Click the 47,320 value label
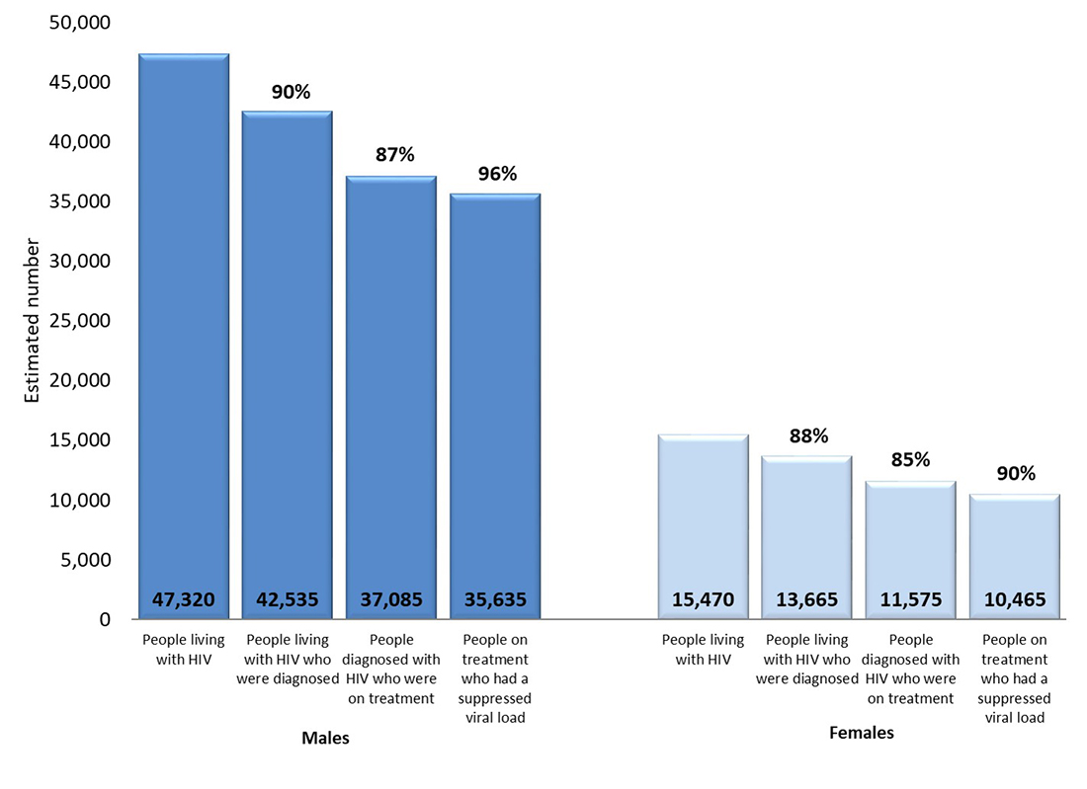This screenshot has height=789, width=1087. click(184, 599)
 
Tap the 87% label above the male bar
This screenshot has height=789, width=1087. click(394, 155)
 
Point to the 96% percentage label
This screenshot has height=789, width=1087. click(497, 174)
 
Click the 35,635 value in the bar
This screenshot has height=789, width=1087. click(495, 599)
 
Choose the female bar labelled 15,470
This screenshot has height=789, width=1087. click(704, 513)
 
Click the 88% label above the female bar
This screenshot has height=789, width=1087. click(807, 435)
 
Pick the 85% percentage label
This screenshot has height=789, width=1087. click(910, 460)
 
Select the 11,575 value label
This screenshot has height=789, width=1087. click(910, 599)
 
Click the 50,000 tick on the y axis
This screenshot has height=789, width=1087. click(80, 23)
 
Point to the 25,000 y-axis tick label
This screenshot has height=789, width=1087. click(80, 321)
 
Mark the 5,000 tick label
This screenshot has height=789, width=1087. click(86, 560)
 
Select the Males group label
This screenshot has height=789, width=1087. click(325, 738)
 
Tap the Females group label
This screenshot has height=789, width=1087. click(861, 733)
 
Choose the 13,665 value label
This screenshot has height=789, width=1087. click(807, 599)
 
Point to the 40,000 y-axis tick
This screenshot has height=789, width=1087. click(80, 142)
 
